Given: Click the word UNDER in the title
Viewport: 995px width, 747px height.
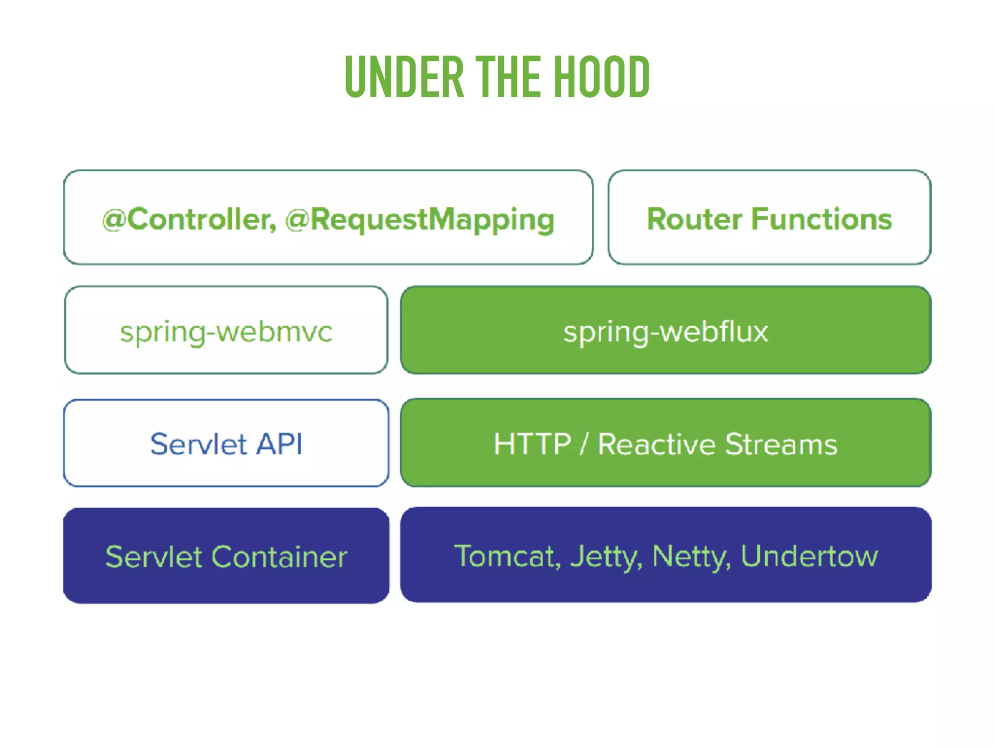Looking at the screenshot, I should [x=404, y=77].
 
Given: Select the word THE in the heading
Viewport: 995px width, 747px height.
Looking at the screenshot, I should [x=508, y=77].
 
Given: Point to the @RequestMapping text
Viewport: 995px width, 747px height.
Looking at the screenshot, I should [x=420, y=220].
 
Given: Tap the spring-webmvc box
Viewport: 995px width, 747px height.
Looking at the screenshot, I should [x=226, y=331].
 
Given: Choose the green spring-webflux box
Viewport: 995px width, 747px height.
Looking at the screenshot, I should [x=666, y=331].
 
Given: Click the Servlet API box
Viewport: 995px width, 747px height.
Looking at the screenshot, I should [x=226, y=443].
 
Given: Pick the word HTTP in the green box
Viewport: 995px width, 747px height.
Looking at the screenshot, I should [x=532, y=444].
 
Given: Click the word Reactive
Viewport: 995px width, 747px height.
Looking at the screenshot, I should [x=656, y=444].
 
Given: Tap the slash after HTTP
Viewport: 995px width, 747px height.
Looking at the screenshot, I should [x=584, y=444].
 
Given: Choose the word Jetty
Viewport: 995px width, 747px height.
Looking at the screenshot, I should [x=605, y=557].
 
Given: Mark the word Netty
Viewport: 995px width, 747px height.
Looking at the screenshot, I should [x=690, y=557].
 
